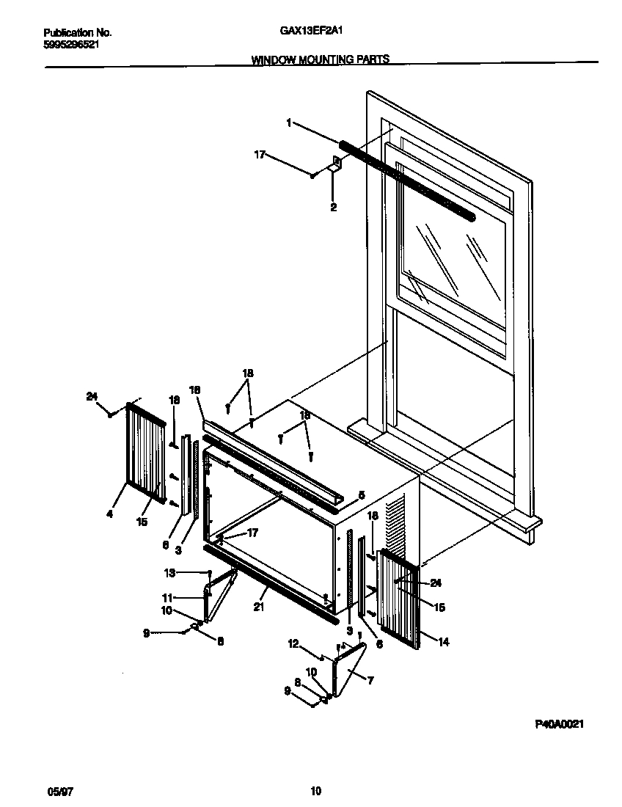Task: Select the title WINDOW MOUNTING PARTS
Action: pyautogui.click(x=321, y=60)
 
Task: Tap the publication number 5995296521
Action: pyautogui.click(x=72, y=44)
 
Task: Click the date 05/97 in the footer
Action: pyautogui.click(x=58, y=791)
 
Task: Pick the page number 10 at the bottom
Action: pyautogui.click(x=315, y=791)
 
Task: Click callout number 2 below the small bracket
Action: pyautogui.click(x=333, y=208)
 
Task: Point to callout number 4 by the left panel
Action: pyautogui.click(x=109, y=514)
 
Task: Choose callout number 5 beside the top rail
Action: pyautogui.click(x=361, y=494)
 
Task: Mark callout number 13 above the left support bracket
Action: pyautogui.click(x=169, y=572)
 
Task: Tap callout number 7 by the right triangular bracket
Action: pyautogui.click(x=370, y=681)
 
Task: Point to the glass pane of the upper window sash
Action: pyautogui.click(x=451, y=264)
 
